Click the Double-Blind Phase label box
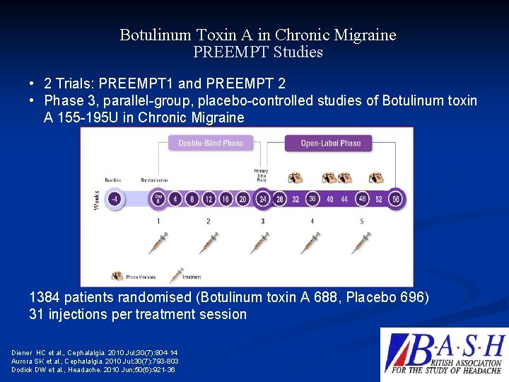(211, 143)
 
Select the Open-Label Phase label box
(331, 143)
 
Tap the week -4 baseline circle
(115, 199)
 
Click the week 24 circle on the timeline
(262, 199)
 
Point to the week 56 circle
(395, 199)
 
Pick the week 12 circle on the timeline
(209, 199)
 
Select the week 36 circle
(312, 199)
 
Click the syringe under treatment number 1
(158, 242)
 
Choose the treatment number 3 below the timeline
(262, 221)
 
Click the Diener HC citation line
(95, 352)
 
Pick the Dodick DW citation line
(93, 369)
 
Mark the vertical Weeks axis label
(97, 199)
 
